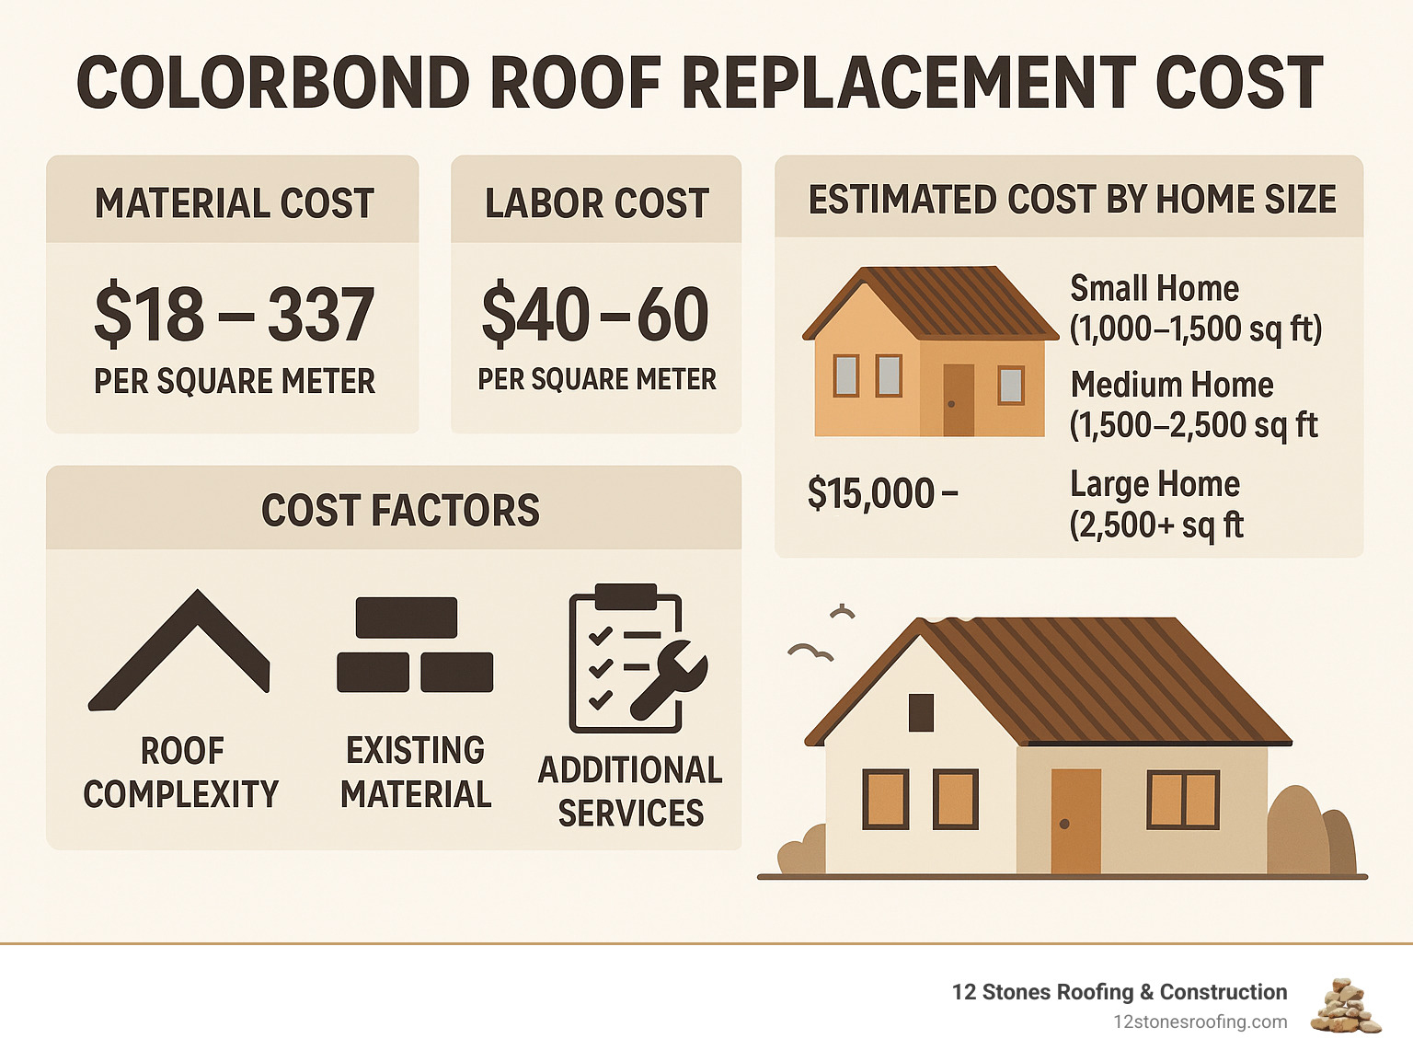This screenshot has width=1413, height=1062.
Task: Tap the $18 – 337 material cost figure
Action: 234,315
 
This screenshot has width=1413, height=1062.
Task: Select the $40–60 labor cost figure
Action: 595,315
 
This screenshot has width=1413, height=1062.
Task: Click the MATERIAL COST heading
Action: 234,203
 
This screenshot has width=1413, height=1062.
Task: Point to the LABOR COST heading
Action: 596,203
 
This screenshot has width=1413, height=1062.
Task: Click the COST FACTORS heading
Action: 400,511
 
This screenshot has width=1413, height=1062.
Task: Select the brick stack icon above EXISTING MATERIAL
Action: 415,644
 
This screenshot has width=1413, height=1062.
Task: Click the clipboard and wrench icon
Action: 635,658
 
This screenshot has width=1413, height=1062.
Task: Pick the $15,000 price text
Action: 881,494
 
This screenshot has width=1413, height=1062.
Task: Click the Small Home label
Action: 1155,289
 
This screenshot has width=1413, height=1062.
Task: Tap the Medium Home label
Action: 1172,385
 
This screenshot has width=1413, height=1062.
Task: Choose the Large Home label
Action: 1155,485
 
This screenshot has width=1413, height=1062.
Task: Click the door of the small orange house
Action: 958,399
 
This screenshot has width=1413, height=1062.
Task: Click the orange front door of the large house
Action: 1075,820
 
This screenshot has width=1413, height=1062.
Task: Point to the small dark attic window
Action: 921,712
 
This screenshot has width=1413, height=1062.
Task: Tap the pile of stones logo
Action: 1347,1007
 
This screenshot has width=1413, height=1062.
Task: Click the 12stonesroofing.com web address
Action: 1200,1022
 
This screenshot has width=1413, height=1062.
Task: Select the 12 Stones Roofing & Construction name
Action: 1119,992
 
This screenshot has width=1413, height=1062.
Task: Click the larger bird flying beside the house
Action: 810,652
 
